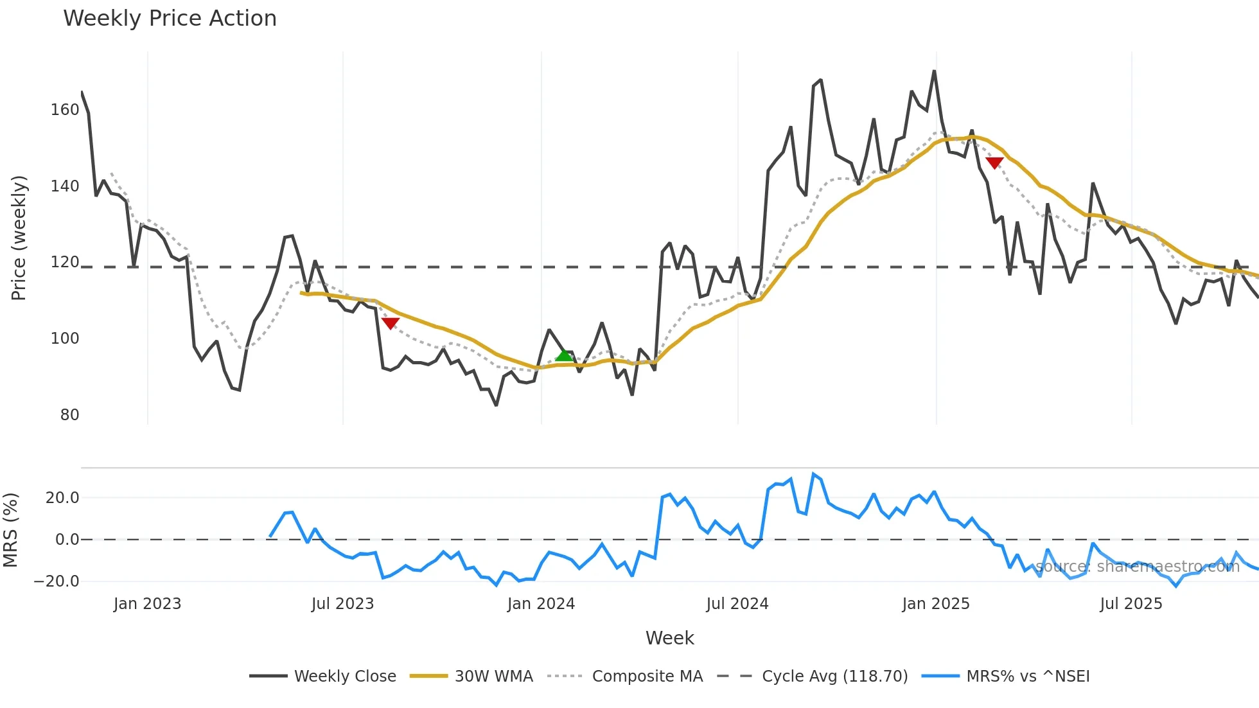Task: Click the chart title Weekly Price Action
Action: [x=170, y=19]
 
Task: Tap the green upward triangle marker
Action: [x=563, y=355]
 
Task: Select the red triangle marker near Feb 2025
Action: [x=994, y=163]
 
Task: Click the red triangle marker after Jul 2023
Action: [x=390, y=323]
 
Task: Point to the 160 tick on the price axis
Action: [x=65, y=110]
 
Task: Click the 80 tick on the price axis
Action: [x=69, y=415]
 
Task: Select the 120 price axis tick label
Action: [x=65, y=262]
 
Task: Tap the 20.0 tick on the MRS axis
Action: [x=62, y=498]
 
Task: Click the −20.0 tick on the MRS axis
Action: [x=57, y=581]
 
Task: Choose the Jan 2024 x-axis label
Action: [x=541, y=604]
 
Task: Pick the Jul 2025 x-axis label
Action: [x=1131, y=604]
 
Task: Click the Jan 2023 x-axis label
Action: [x=147, y=604]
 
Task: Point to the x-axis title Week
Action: [x=669, y=638]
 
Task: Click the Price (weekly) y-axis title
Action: [x=19, y=238]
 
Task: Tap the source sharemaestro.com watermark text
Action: [x=1137, y=567]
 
